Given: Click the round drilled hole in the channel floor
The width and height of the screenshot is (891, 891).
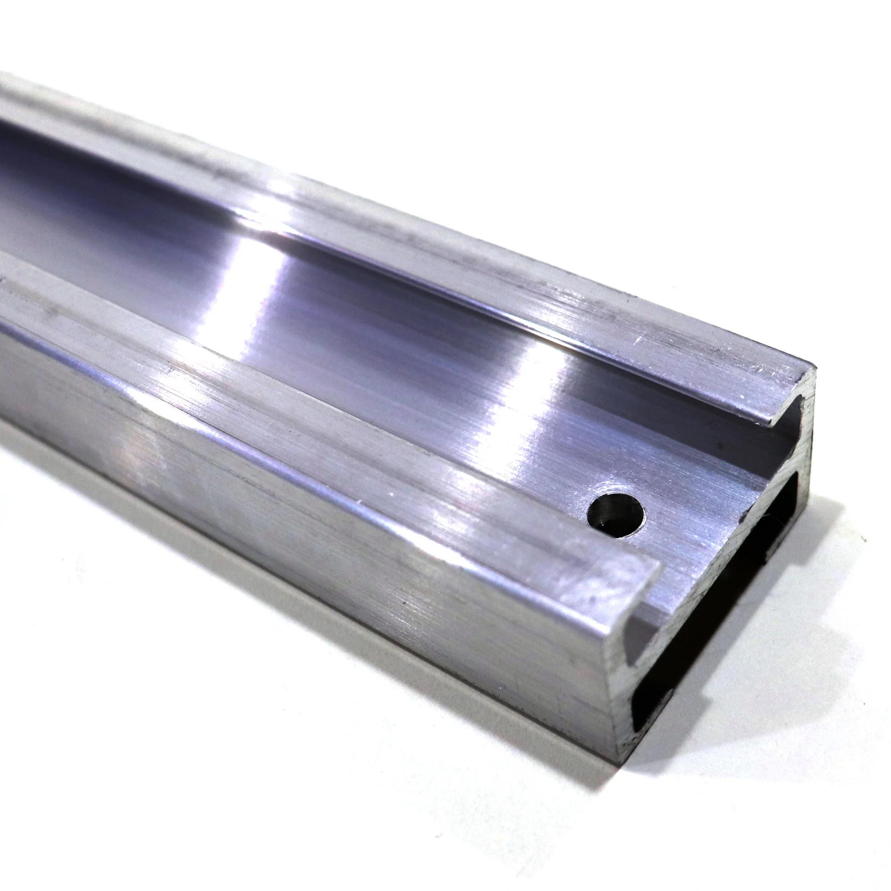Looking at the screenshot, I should pos(616,515).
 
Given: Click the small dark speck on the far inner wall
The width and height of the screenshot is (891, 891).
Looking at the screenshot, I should pos(719,446).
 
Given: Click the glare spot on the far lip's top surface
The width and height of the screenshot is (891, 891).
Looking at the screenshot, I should pos(281,189).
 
